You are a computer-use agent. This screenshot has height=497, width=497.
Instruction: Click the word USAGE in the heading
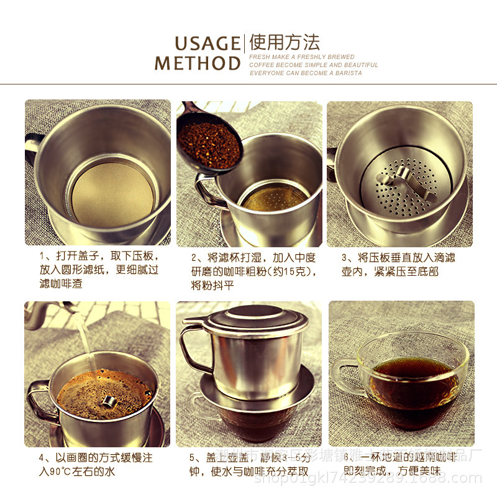[207, 43]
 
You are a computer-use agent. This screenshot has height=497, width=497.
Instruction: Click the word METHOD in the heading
[198, 63]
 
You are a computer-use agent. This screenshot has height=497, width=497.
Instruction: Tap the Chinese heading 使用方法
[285, 43]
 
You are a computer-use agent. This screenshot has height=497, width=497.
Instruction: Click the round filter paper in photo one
[112, 193]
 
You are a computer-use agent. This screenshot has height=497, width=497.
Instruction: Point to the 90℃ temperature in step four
[61, 472]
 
